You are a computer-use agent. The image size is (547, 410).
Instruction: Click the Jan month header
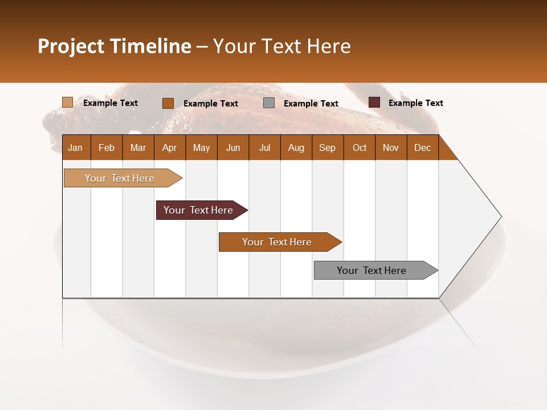pyautogui.click(x=75, y=147)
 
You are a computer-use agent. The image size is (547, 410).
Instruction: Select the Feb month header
pyautogui.click(x=107, y=147)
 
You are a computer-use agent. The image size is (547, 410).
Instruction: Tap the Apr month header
pyautogui.click(x=169, y=147)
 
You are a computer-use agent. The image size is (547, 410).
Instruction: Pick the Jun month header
pyautogui.click(x=233, y=147)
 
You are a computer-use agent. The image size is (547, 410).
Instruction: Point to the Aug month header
pyautogui.click(x=296, y=147)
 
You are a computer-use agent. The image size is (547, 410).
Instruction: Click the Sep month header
pyautogui.click(x=327, y=147)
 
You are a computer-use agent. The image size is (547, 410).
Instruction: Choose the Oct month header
pyautogui.click(x=360, y=147)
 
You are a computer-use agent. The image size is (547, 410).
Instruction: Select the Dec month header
pyautogui.click(x=422, y=147)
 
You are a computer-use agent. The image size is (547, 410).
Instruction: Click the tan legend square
pyautogui.click(x=68, y=102)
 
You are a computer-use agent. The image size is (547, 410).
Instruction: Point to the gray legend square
pyautogui.click(x=269, y=103)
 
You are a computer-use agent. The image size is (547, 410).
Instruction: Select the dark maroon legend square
pyautogui.click(x=374, y=102)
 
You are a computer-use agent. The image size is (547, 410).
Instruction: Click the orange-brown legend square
pyautogui.click(x=168, y=103)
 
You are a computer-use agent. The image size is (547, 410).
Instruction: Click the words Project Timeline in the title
pyautogui.click(x=114, y=46)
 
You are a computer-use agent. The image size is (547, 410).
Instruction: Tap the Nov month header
pyautogui.click(x=391, y=147)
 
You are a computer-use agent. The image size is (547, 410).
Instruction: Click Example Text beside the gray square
pyautogui.click(x=311, y=104)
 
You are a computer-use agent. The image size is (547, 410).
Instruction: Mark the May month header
pyautogui.click(x=201, y=147)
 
